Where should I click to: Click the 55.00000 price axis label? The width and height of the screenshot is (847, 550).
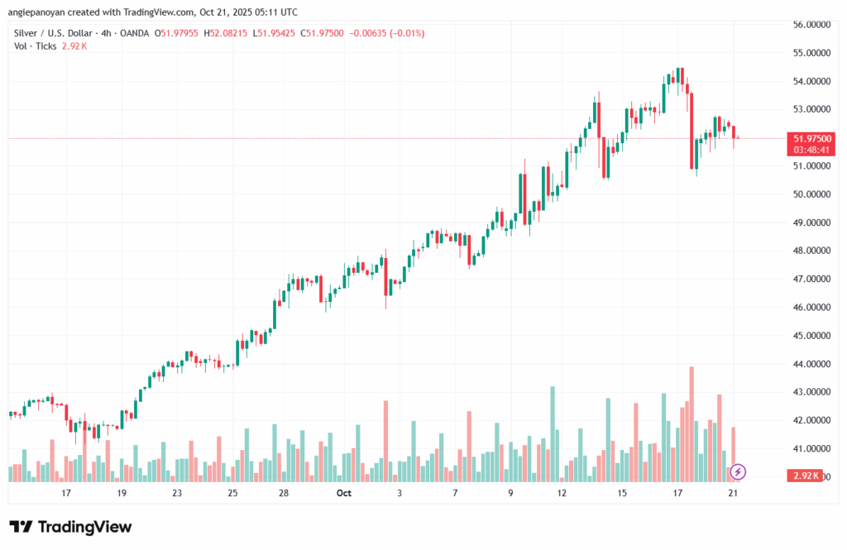tap(811, 53)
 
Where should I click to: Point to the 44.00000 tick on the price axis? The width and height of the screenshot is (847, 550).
tap(811, 364)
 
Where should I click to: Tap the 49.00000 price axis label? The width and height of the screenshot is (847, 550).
tap(811, 222)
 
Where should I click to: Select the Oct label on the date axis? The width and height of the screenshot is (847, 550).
tap(344, 493)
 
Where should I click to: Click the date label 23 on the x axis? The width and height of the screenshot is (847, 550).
tap(177, 493)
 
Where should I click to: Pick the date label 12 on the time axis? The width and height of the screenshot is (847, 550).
tap(562, 493)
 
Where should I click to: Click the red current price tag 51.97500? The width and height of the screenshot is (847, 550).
tap(811, 138)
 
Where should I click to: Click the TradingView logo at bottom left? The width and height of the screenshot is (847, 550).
tap(70, 527)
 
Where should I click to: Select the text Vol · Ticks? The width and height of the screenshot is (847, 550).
tap(35, 46)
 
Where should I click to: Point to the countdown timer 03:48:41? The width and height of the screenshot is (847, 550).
tap(811, 150)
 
